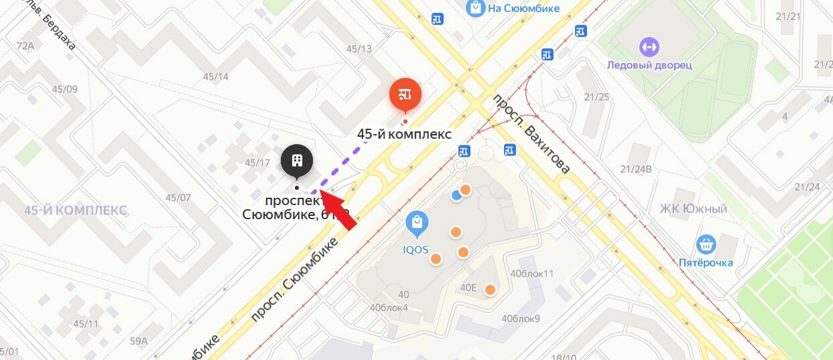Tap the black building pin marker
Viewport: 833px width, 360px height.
pos(298,162)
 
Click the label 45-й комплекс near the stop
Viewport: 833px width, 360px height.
pos(404,134)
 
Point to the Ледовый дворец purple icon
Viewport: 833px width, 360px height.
pos(649,47)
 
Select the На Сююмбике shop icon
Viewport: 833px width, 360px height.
pos(475,8)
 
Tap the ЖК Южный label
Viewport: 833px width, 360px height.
pos(693,209)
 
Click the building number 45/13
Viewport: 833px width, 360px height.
pos(359,49)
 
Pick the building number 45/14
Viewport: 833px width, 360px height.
pos(216,76)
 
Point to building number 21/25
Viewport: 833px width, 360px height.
pos(596,97)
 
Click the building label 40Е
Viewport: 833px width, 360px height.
pos(468,288)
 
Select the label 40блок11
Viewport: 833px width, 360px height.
pos(531,274)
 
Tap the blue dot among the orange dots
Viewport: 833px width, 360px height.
pos(456,195)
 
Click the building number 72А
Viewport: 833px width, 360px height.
pos(25,46)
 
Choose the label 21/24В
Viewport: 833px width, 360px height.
pos(636,169)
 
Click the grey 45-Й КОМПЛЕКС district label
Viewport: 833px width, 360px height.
pos(76,211)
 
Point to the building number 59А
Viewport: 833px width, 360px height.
pos(139,341)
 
